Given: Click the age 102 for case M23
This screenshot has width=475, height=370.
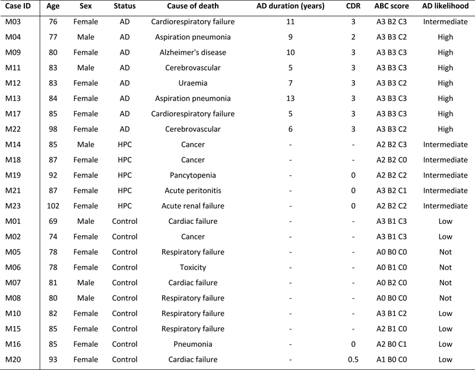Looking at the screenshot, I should click(53, 205).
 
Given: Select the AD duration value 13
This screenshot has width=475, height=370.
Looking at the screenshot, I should click(290, 98).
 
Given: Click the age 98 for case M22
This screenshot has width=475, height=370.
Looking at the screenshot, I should click(53, 129).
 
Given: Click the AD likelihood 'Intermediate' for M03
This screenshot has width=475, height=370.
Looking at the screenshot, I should click(445, 22).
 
